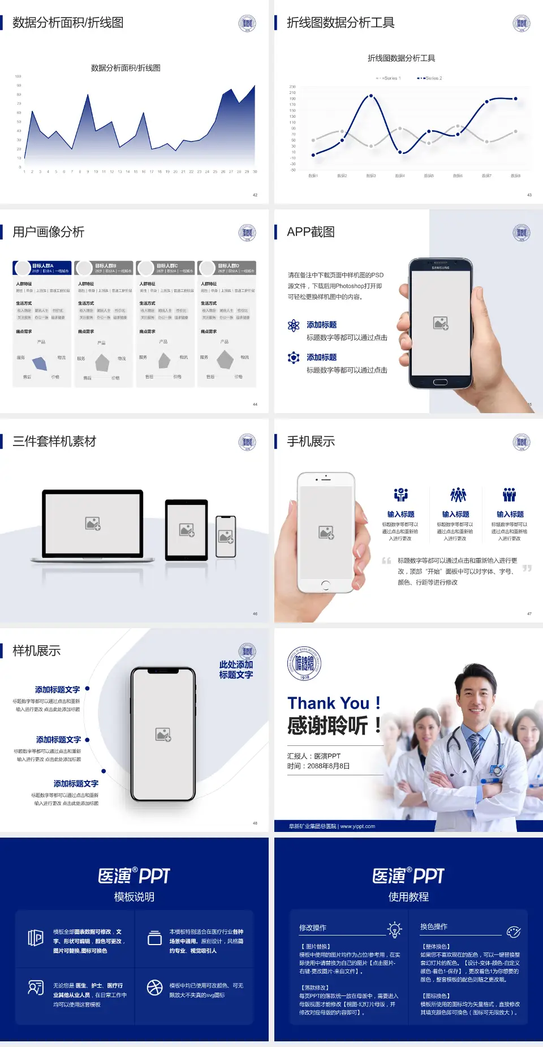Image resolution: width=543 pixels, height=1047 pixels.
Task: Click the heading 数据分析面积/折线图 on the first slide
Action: click(68, 23)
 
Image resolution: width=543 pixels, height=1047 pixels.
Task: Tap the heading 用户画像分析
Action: click(49, 232)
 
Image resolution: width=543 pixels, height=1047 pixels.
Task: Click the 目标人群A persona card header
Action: click(42, 268)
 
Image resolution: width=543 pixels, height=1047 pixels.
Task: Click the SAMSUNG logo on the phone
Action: click(441, 268)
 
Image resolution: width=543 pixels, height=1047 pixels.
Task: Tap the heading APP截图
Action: click(311, 232)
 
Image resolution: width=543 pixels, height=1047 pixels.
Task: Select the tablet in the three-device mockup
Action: click(187, 530)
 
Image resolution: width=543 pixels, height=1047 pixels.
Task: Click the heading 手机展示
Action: click(311, 441)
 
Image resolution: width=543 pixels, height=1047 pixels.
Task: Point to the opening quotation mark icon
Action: click(386, 561)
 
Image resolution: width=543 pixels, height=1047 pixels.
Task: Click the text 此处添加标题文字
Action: click(236, 670)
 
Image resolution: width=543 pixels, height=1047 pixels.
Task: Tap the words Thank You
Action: click(328, 703)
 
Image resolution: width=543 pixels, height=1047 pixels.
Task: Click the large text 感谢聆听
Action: click(328, 726)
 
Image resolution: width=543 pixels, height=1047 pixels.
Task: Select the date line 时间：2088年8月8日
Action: click(318, 766)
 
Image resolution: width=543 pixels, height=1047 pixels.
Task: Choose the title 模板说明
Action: click(134, 897)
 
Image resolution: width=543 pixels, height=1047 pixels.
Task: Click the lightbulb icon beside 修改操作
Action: click(394, 929)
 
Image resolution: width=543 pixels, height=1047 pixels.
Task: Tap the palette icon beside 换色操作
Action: click(514, 932)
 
